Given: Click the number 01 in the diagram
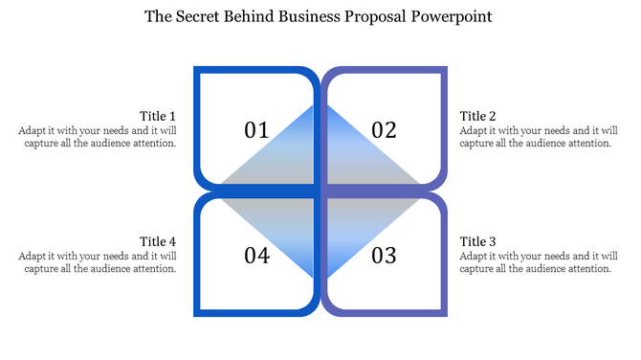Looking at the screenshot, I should [256, 129].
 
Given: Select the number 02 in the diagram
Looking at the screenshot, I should [384, 129].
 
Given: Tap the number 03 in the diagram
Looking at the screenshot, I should [384, 256].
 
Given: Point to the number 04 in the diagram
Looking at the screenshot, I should [256, 256].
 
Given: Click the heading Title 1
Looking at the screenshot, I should [158, 116].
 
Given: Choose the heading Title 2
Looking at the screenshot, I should [478, 116].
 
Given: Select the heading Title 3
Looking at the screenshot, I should [478, 241].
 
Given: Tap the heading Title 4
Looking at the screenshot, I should [158, 241].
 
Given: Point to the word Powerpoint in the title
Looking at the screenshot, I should [453, 16].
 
